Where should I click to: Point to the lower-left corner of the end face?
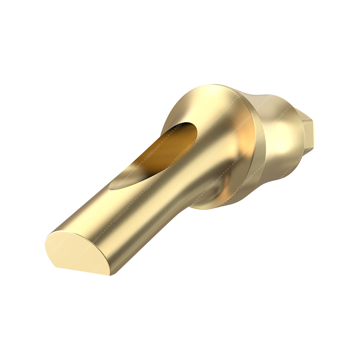click(55, 266)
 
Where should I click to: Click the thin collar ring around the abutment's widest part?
click(258, 147)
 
